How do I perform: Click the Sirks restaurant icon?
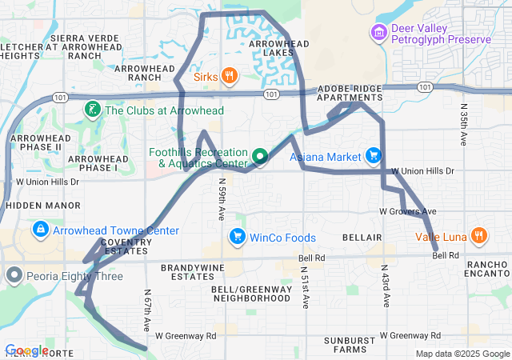point(230,76)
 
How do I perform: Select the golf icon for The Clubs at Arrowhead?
point(93,110)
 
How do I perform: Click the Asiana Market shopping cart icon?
point(372,155)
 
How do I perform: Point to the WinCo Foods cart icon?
point(237,237)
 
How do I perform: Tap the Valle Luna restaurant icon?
point(478,236)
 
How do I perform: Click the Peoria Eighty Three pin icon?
point(14,276)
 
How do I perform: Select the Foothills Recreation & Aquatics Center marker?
point(259,156)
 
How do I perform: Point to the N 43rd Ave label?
point(385,287)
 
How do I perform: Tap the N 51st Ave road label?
point(305,287)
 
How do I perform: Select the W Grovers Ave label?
point(407,211)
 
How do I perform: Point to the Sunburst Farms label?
point(350,345)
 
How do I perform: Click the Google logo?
point(26,350)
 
